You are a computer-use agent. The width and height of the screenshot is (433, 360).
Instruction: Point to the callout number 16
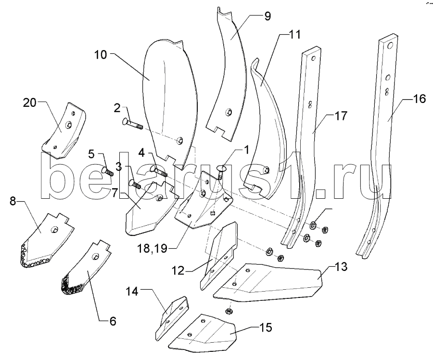pos(419,99)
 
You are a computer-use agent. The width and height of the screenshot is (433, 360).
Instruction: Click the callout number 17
pos(340,116)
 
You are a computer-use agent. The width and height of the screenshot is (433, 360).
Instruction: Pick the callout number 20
pos(30,102)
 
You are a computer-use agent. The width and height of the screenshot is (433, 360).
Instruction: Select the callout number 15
pos(264,328)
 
